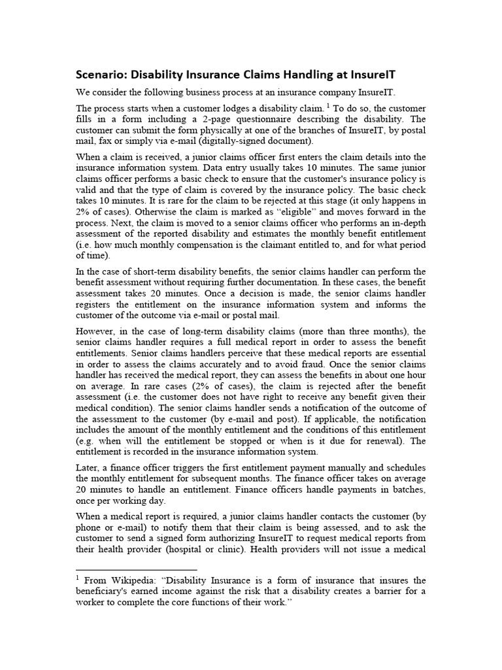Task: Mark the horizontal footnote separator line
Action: [x=137, y=569]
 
